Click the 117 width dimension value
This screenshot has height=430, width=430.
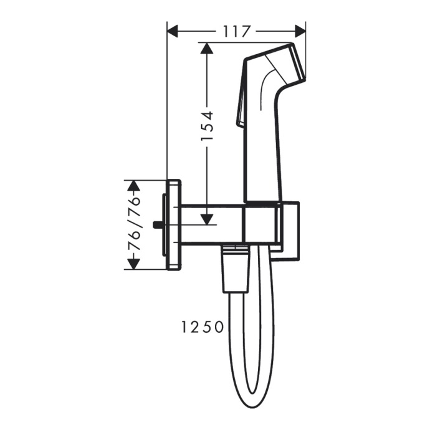click(236, 31)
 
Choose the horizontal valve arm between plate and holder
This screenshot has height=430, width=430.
click(212, 224)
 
